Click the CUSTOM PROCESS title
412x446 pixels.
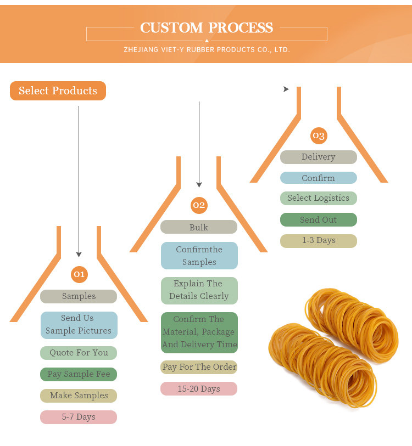click(x=206, y=27)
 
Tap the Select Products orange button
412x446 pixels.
click(x=58, y=91)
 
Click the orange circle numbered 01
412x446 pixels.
click(x=79, y=274)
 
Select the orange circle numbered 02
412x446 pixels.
click(x=199, y=205)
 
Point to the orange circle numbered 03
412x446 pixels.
click(x=318, y=136)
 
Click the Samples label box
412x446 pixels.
click(x=79, y=296)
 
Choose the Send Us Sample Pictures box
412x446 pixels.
click(x=79, y=325)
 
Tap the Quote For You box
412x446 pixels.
click(x=79, y=353)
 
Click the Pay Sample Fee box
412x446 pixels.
click(x=79, y=374)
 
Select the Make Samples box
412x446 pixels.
click(x=79, y=396)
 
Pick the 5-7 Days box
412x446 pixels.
click(x=79, y=417)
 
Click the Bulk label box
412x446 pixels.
click(x=199, y=227)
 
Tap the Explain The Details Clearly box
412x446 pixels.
click(x=199, y=290)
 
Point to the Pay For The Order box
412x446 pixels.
click(x=199, y=367)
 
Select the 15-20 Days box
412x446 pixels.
click(x=199, y=389)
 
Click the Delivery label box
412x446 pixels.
click(x=318, y=157)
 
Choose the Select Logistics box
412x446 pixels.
click(x=318, y=198)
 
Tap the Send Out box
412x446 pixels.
click(x=318, y=220)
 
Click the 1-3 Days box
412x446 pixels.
click(x=318, y=241)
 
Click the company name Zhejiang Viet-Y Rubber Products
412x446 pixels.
click(x=207, y=50)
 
